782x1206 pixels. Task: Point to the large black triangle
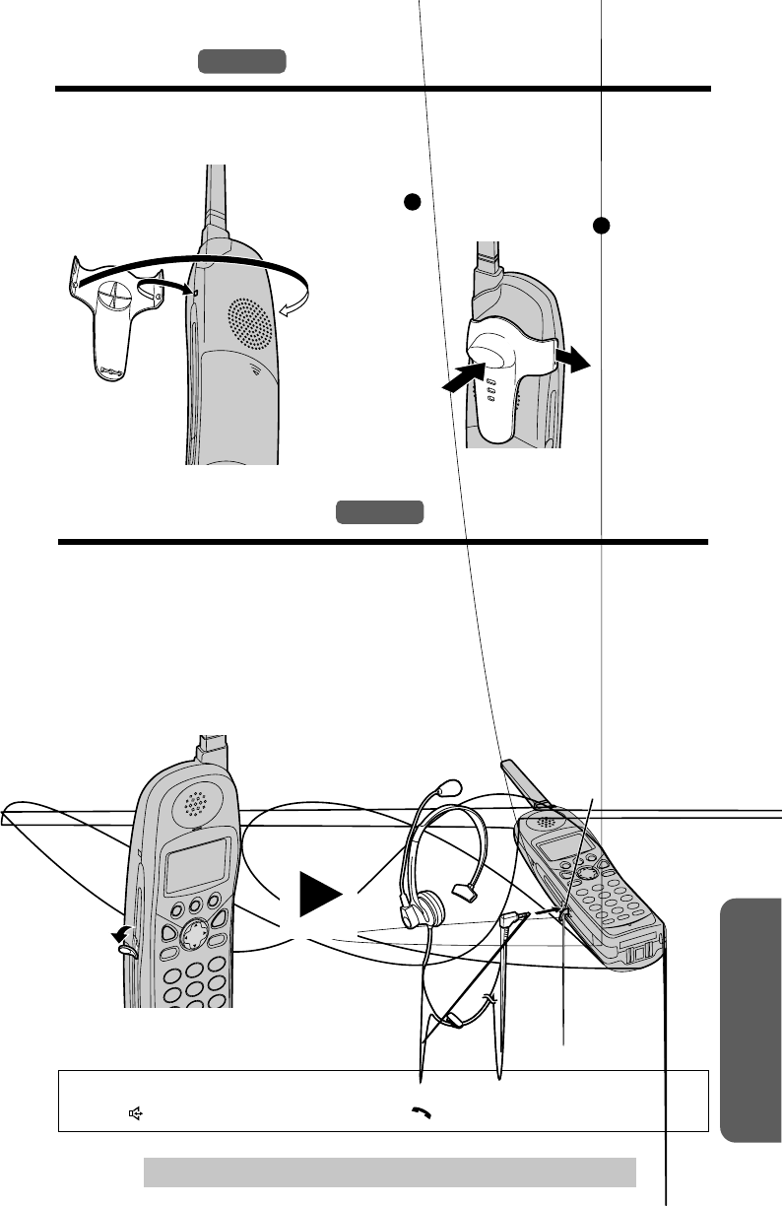[x=319, y=898]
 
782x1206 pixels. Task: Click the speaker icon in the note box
[x=135, y=1113]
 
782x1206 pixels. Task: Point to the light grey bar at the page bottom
[x=389, y=1172]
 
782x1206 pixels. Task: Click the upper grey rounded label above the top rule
[x=241, y=61]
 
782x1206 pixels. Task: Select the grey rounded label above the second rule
[x=379, y=513]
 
